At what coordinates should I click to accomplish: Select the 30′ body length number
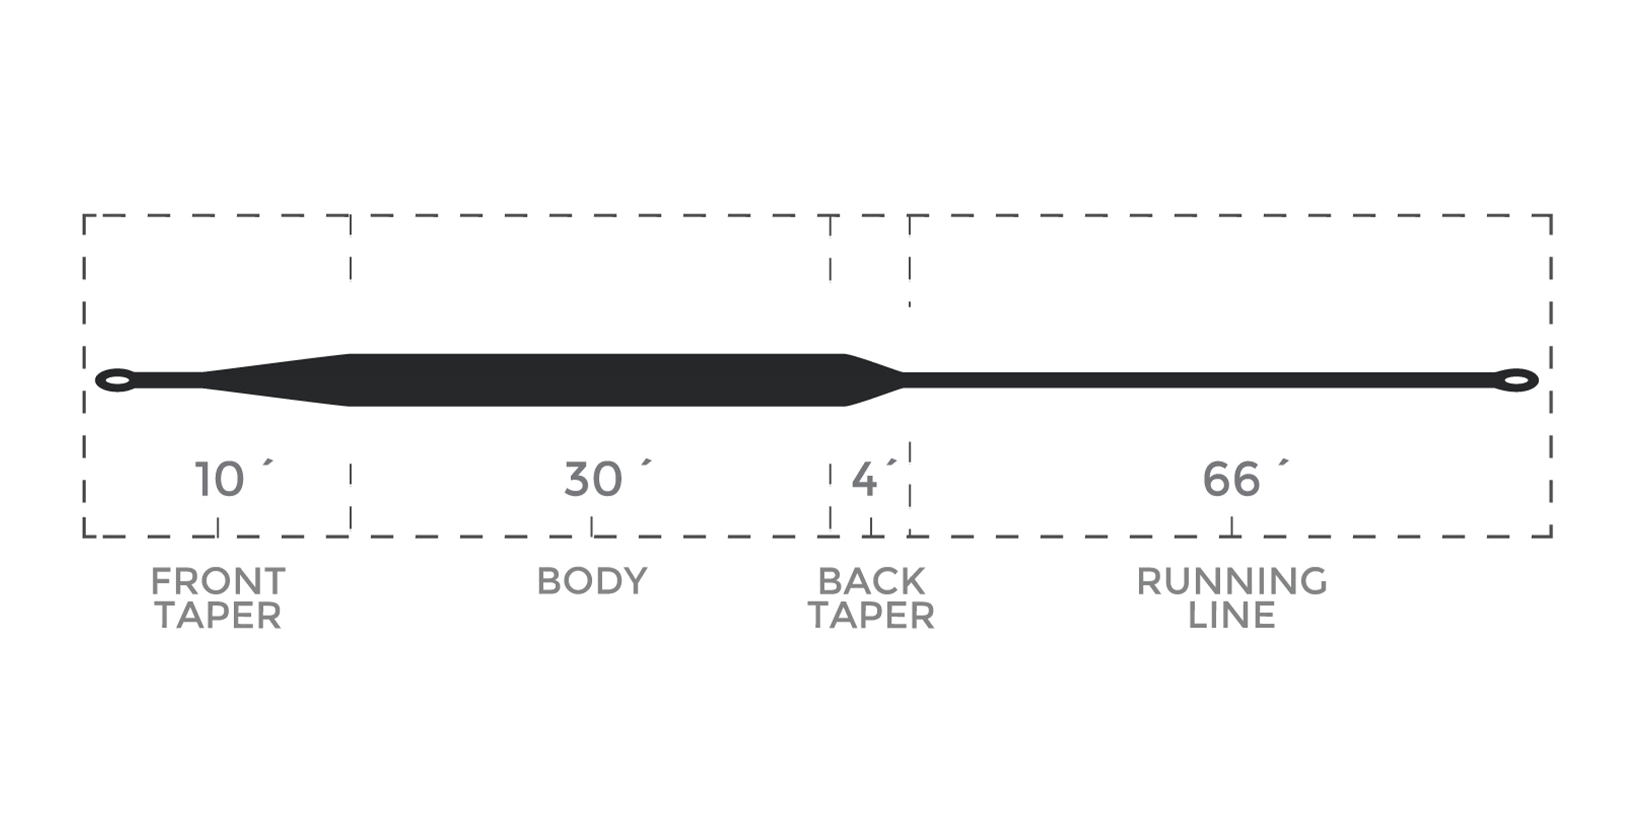click(608, 479)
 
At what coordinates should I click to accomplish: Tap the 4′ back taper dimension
click(874, 479)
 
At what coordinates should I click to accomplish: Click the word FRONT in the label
click(218, 581)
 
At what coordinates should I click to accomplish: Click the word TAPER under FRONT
click(218, 616)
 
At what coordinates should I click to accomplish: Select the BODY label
click(592, 581)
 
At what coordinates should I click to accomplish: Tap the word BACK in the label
click(871, 581)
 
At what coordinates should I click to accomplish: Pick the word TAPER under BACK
click(871, 616)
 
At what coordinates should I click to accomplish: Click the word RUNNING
click(1232, 581)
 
